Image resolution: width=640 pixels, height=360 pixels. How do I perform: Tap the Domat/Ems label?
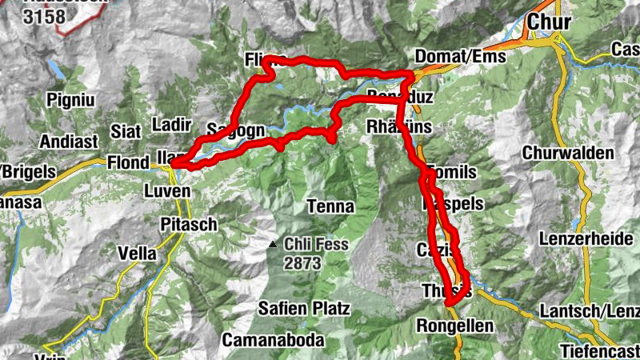(x=461, y=58)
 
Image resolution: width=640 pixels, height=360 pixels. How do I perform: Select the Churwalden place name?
(x=569, y=153)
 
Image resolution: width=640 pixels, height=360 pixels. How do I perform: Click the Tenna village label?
(x=330, y=207)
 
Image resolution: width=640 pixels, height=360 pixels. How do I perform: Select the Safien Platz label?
(x=304, y=308)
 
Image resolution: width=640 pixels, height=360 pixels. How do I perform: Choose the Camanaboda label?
(x=274, y=340)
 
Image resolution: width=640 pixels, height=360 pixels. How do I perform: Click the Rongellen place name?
(x=449, y=326)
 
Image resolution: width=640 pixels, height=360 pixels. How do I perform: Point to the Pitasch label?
(x=189, y=224)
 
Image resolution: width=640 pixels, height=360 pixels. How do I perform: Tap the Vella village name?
(x=137, y=253)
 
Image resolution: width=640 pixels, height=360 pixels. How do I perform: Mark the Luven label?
(x=167, y=192)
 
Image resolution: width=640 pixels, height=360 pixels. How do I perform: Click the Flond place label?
(x=128, y=163)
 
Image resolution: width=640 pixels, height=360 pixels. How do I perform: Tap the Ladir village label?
(x=170, y=125)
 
